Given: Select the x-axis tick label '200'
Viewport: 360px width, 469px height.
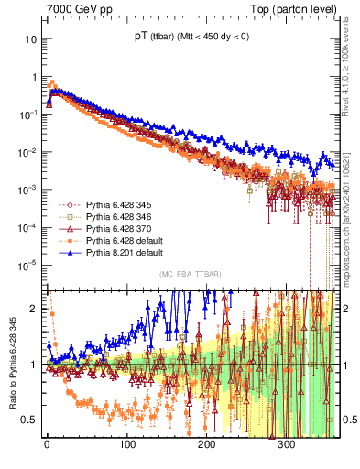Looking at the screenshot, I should (206, 443).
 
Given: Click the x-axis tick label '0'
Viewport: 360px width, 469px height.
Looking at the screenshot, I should (47, 443).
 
